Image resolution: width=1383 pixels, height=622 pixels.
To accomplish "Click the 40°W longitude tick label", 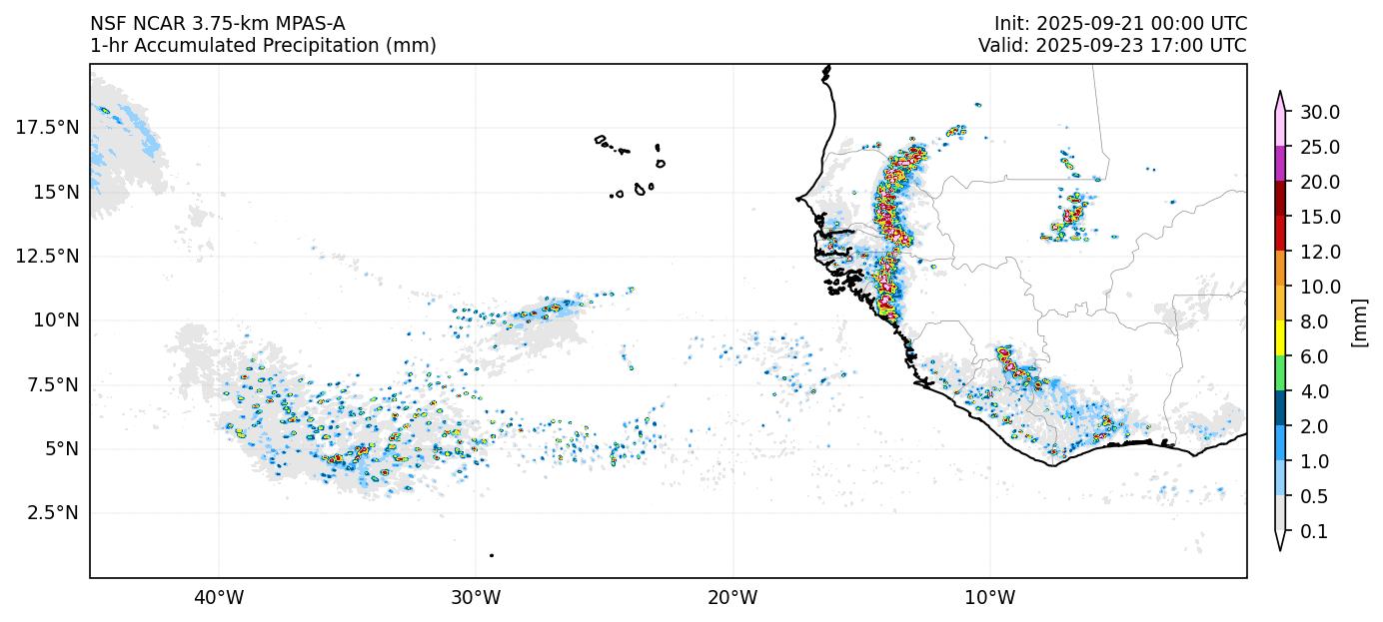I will point(219,598).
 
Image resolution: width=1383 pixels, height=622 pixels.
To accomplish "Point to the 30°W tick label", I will point(476,598).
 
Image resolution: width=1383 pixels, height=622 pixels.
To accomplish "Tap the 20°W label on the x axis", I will point(732,598).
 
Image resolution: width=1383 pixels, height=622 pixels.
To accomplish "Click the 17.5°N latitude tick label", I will point(47,127).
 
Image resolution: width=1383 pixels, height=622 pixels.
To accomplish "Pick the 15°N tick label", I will point(54,192).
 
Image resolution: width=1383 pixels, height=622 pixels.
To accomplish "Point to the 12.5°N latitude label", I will point(47,256).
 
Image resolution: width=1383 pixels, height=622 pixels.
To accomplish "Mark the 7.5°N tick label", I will point(50,384).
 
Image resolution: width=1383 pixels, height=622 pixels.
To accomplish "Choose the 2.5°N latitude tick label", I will point(50,513).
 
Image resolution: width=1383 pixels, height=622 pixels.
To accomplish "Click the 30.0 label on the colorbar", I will point(1319,112).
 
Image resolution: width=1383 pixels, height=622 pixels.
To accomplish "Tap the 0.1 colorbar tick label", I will point(1314,532).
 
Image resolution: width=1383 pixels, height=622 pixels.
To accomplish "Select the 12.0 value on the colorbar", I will point(1319,252).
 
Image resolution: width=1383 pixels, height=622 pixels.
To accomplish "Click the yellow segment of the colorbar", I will point(1279,339).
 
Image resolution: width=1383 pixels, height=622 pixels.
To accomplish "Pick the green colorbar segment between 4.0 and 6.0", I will point(1279,374).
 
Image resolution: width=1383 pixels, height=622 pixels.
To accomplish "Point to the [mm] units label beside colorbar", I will point(1359,321).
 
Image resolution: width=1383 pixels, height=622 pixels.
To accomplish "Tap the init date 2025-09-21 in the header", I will point(1085,24).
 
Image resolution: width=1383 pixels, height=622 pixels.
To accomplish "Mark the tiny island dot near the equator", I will point(492,555).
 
